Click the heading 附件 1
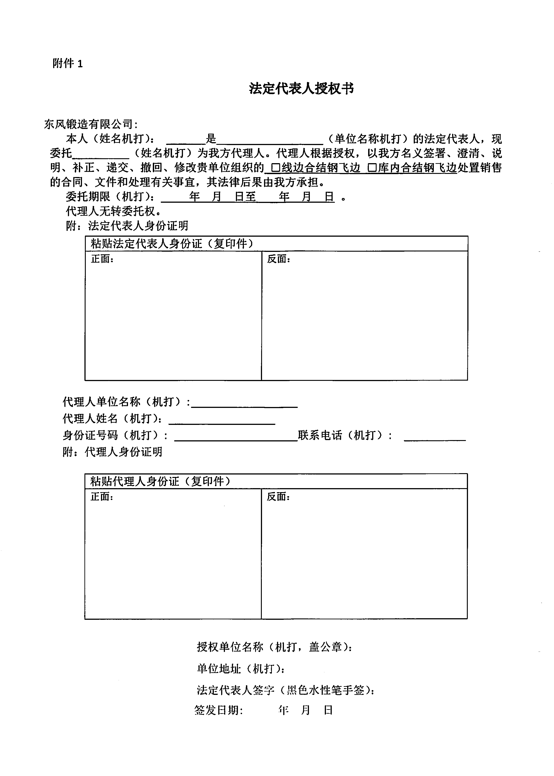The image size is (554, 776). (x=67, y=63)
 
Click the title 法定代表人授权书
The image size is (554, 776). (x=301, y=88)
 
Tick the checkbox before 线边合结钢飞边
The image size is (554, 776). (x=276, y=168)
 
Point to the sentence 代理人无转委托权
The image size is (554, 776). (x=113, y=211)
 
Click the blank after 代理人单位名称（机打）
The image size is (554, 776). (x=244, y=403)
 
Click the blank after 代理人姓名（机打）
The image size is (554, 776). (x=222, y=419)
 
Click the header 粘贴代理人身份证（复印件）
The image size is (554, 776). (x=160, y=481)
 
